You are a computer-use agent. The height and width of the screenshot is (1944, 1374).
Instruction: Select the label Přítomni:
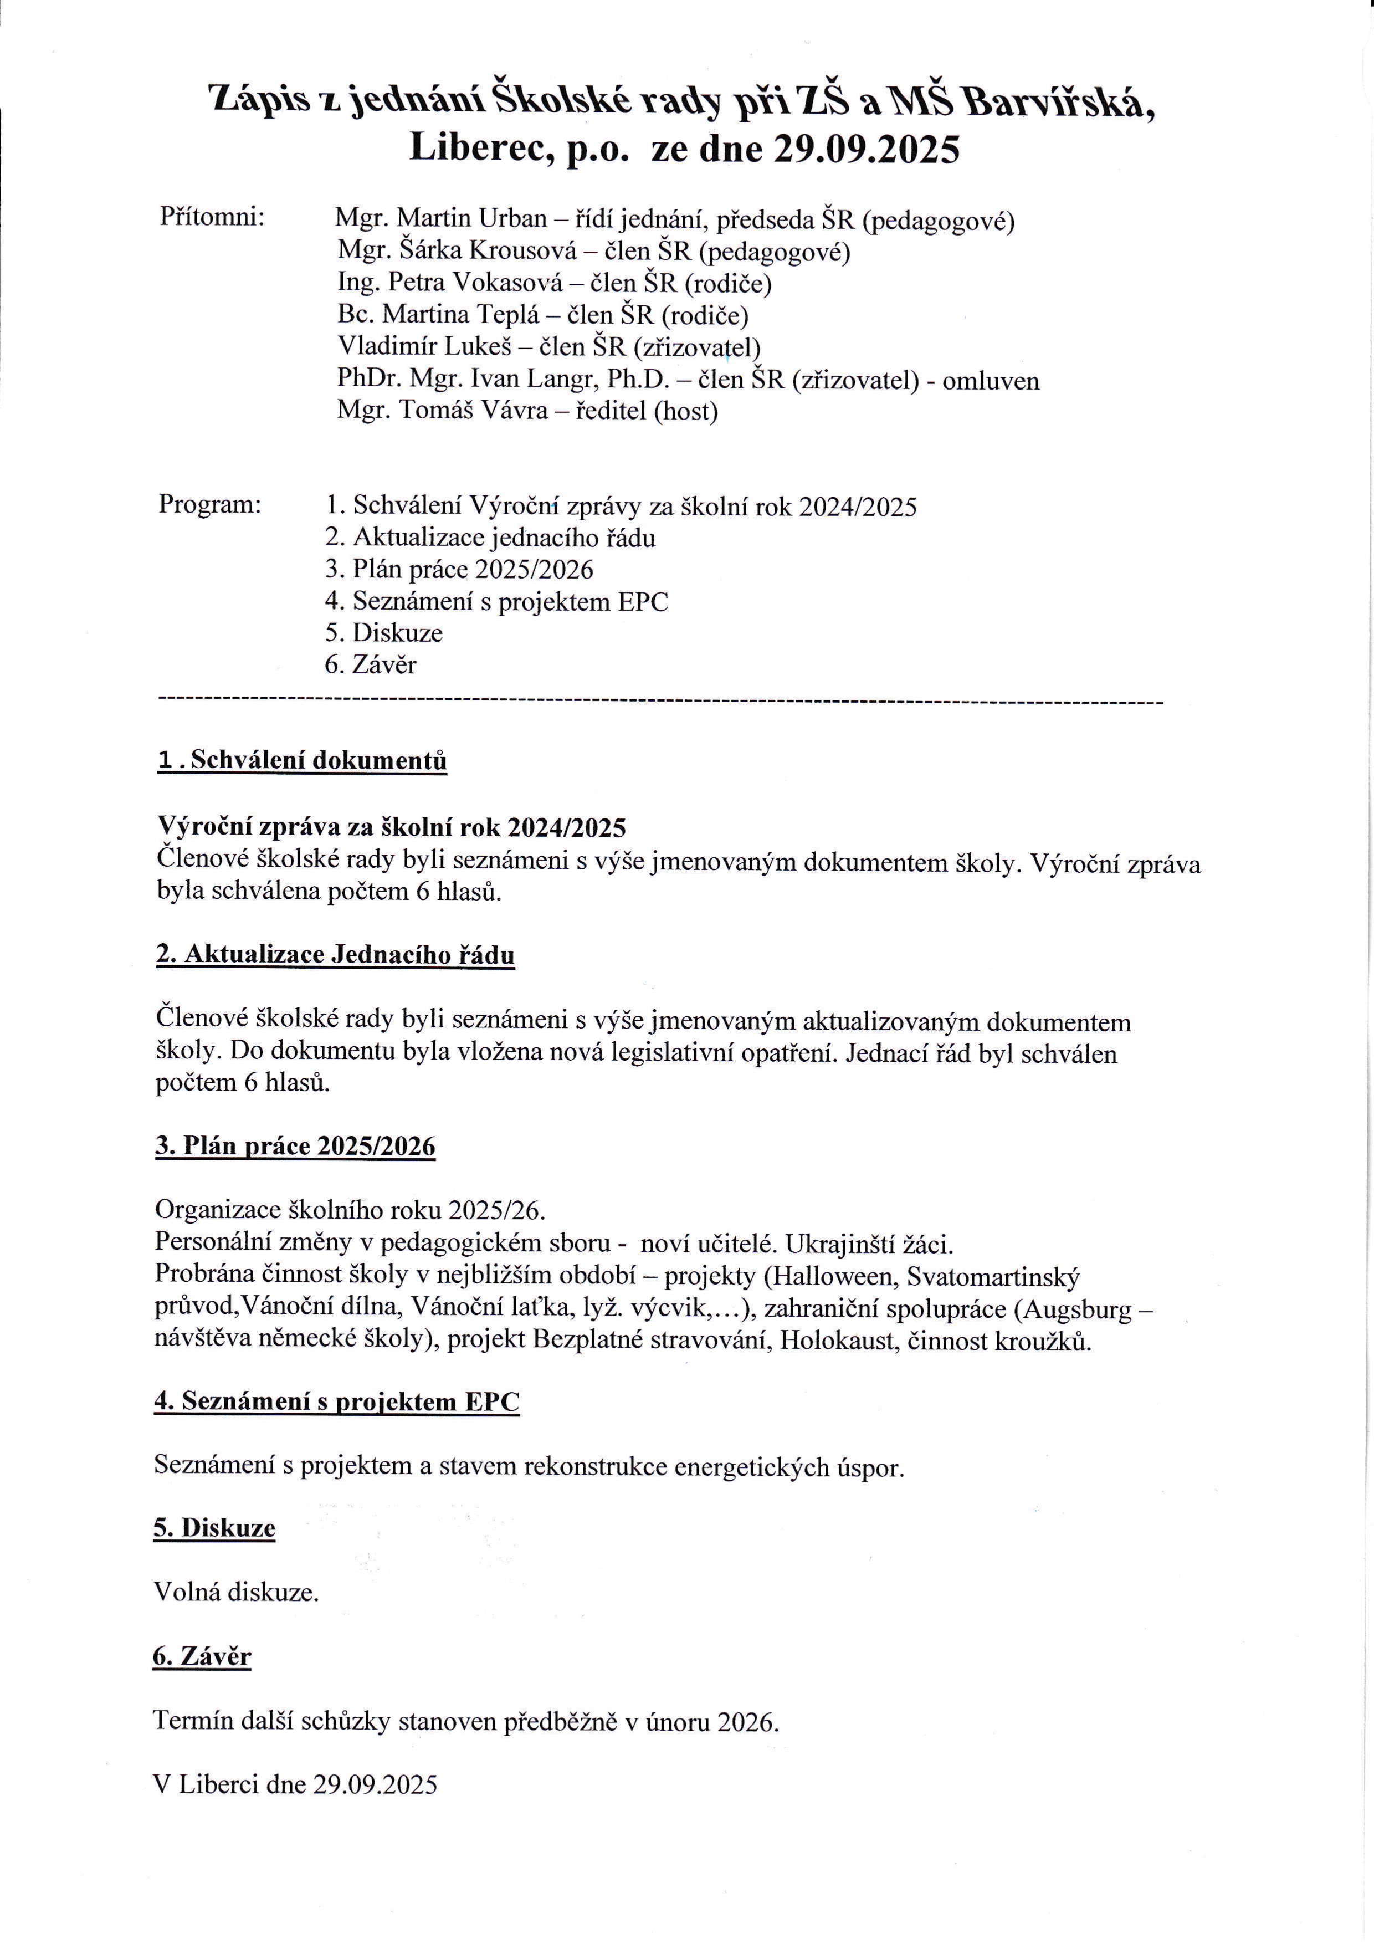coord(213,217)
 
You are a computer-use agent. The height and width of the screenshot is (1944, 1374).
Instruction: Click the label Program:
coord(210,505)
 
